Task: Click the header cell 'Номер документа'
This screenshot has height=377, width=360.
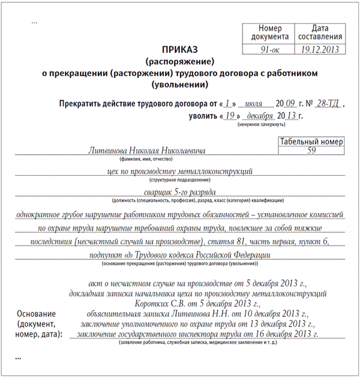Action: click(263, 33)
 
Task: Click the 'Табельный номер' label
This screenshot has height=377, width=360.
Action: click(311, 142)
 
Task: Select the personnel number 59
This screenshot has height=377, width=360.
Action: click(311, 151)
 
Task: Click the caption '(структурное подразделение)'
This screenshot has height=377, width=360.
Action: click(179, 179)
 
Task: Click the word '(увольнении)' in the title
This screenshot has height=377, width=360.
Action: click(179, 83)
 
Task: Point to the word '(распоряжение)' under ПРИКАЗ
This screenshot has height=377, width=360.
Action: click(179, 61)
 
